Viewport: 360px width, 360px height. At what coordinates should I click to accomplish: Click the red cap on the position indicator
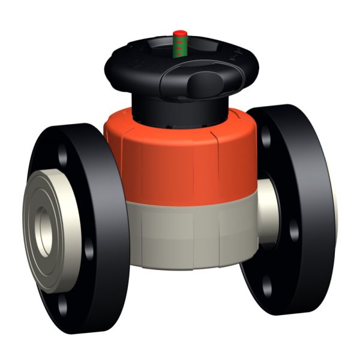[178, 32]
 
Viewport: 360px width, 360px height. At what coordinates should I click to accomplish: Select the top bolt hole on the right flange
[266, 137]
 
